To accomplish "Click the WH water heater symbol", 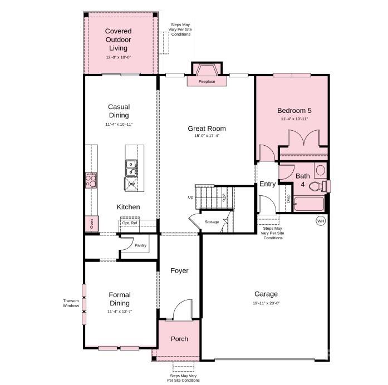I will tap(321, 221).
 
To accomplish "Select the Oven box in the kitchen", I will tap(91, 224).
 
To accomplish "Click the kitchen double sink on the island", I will tap(132, 165).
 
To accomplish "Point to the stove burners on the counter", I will tap(91, 179).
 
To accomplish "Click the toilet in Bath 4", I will tap(316, 186).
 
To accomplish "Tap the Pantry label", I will tap(140, 245).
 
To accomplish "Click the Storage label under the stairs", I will tap(212, 222).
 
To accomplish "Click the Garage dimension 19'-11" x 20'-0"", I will tap(266, 303).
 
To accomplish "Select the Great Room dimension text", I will tap(207, 136).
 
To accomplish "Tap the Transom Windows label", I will tap(71, 303).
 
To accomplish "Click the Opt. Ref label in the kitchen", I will tap(130, 223).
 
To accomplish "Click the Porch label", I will tap(179, 339).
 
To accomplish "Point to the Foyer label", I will tap(179, 271).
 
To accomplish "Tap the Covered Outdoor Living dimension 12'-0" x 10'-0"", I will tap(118, 57).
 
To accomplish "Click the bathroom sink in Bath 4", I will tap(320, 170).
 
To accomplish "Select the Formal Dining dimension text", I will tap(119, 312).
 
